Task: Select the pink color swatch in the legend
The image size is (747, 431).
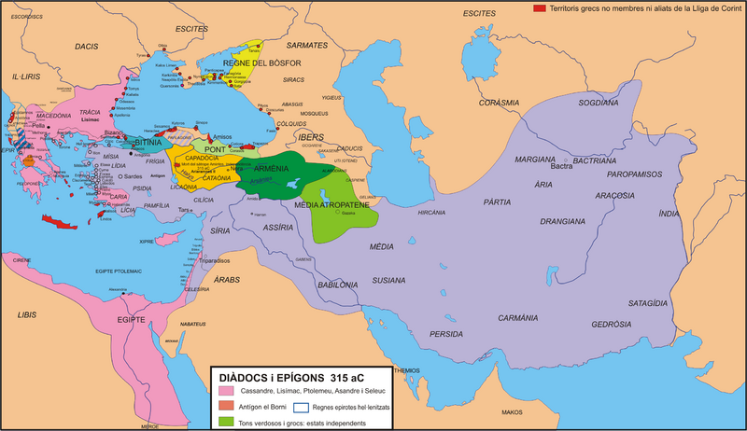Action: (225, 391)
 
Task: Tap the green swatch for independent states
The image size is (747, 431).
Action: (225, 421)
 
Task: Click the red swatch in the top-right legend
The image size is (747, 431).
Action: (539, 7)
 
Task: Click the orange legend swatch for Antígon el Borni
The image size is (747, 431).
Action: (225, 406)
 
